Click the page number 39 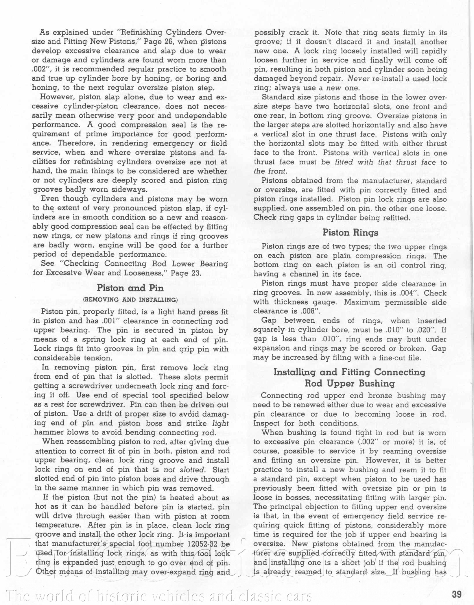point(457,594)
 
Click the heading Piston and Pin point(130,288)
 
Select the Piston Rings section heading point(350,232)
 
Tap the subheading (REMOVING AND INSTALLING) point(130,299)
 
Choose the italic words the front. point(270,171)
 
